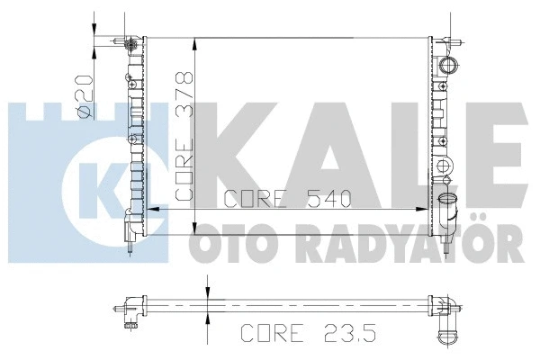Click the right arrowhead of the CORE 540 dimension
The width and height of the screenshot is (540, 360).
(x=423, y=208)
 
